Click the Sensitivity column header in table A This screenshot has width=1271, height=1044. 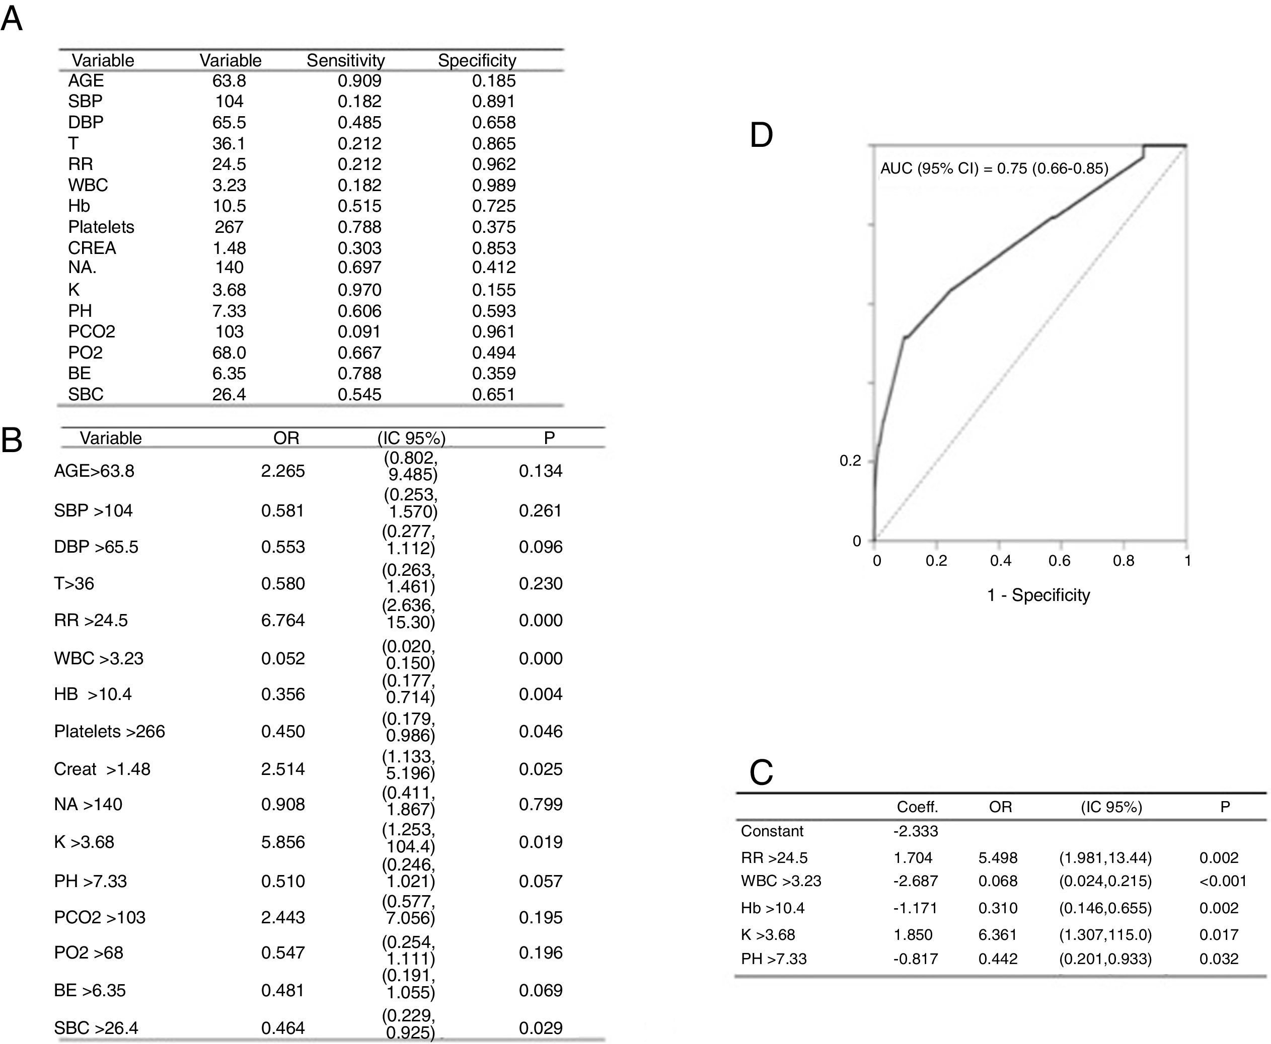(345, 60)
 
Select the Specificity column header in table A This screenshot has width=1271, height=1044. (477, 60)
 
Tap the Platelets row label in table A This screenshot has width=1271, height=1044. (101, 227)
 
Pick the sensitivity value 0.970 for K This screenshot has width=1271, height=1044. (359, 290)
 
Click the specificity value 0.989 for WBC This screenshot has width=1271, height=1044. (493, 185)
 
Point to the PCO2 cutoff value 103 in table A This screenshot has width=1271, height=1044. (230, 331)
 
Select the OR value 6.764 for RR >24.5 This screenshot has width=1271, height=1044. (283, 620)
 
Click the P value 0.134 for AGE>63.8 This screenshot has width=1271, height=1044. (541, 471)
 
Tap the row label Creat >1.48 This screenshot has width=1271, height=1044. (102, 768)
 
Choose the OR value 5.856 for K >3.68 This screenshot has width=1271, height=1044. (283, 841)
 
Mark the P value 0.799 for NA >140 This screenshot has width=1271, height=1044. (541, 804)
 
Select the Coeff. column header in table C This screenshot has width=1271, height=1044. (917, 807)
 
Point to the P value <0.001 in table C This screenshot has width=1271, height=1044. (1223, 881)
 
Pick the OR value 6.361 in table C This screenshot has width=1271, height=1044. (998, 934)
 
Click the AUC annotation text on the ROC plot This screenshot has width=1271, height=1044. (994, 168)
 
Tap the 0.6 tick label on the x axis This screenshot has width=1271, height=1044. (1059, 561)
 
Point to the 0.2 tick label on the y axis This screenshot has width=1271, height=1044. (850, 461)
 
